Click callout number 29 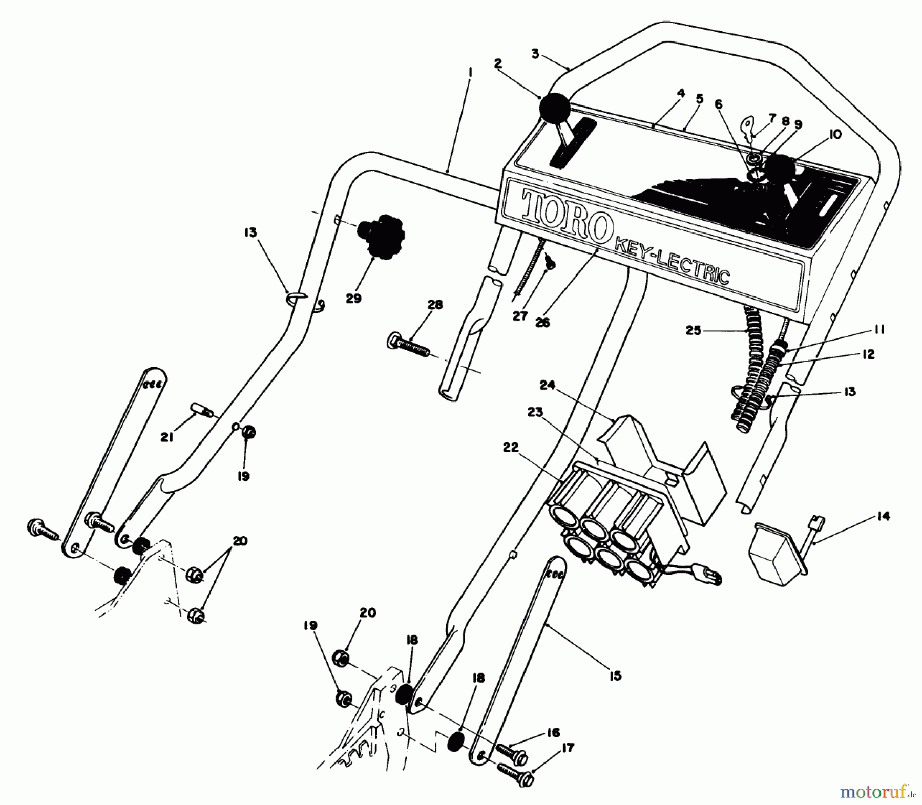pyautogui.click(x=353, y=299)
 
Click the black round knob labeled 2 pyautogui.click(x=554, y=109)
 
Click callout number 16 pyautogui.click(x=553, y=733)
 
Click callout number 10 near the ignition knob pyautogui.click(x=834, y=135)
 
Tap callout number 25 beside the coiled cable pyautogui.click(x=693, y=331)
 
